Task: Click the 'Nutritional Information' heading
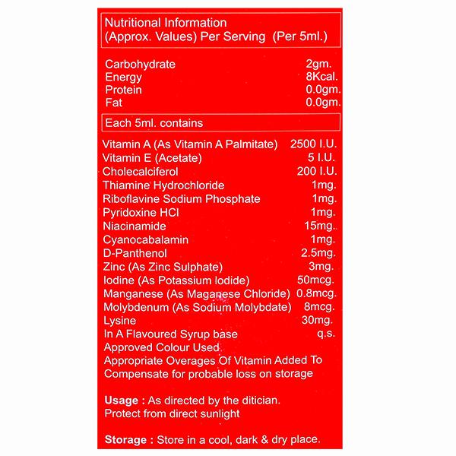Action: tap(159, 23)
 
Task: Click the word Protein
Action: tap(123, 89)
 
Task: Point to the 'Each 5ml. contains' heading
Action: tap(153, 122)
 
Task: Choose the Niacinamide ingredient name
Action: tap(133, 226)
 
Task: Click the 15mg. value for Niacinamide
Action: tap(318, 226)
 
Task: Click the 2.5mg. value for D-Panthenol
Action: tap(317, 252)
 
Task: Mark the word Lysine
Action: tap(119, 321)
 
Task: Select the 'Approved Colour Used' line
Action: tap(156, 347)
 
